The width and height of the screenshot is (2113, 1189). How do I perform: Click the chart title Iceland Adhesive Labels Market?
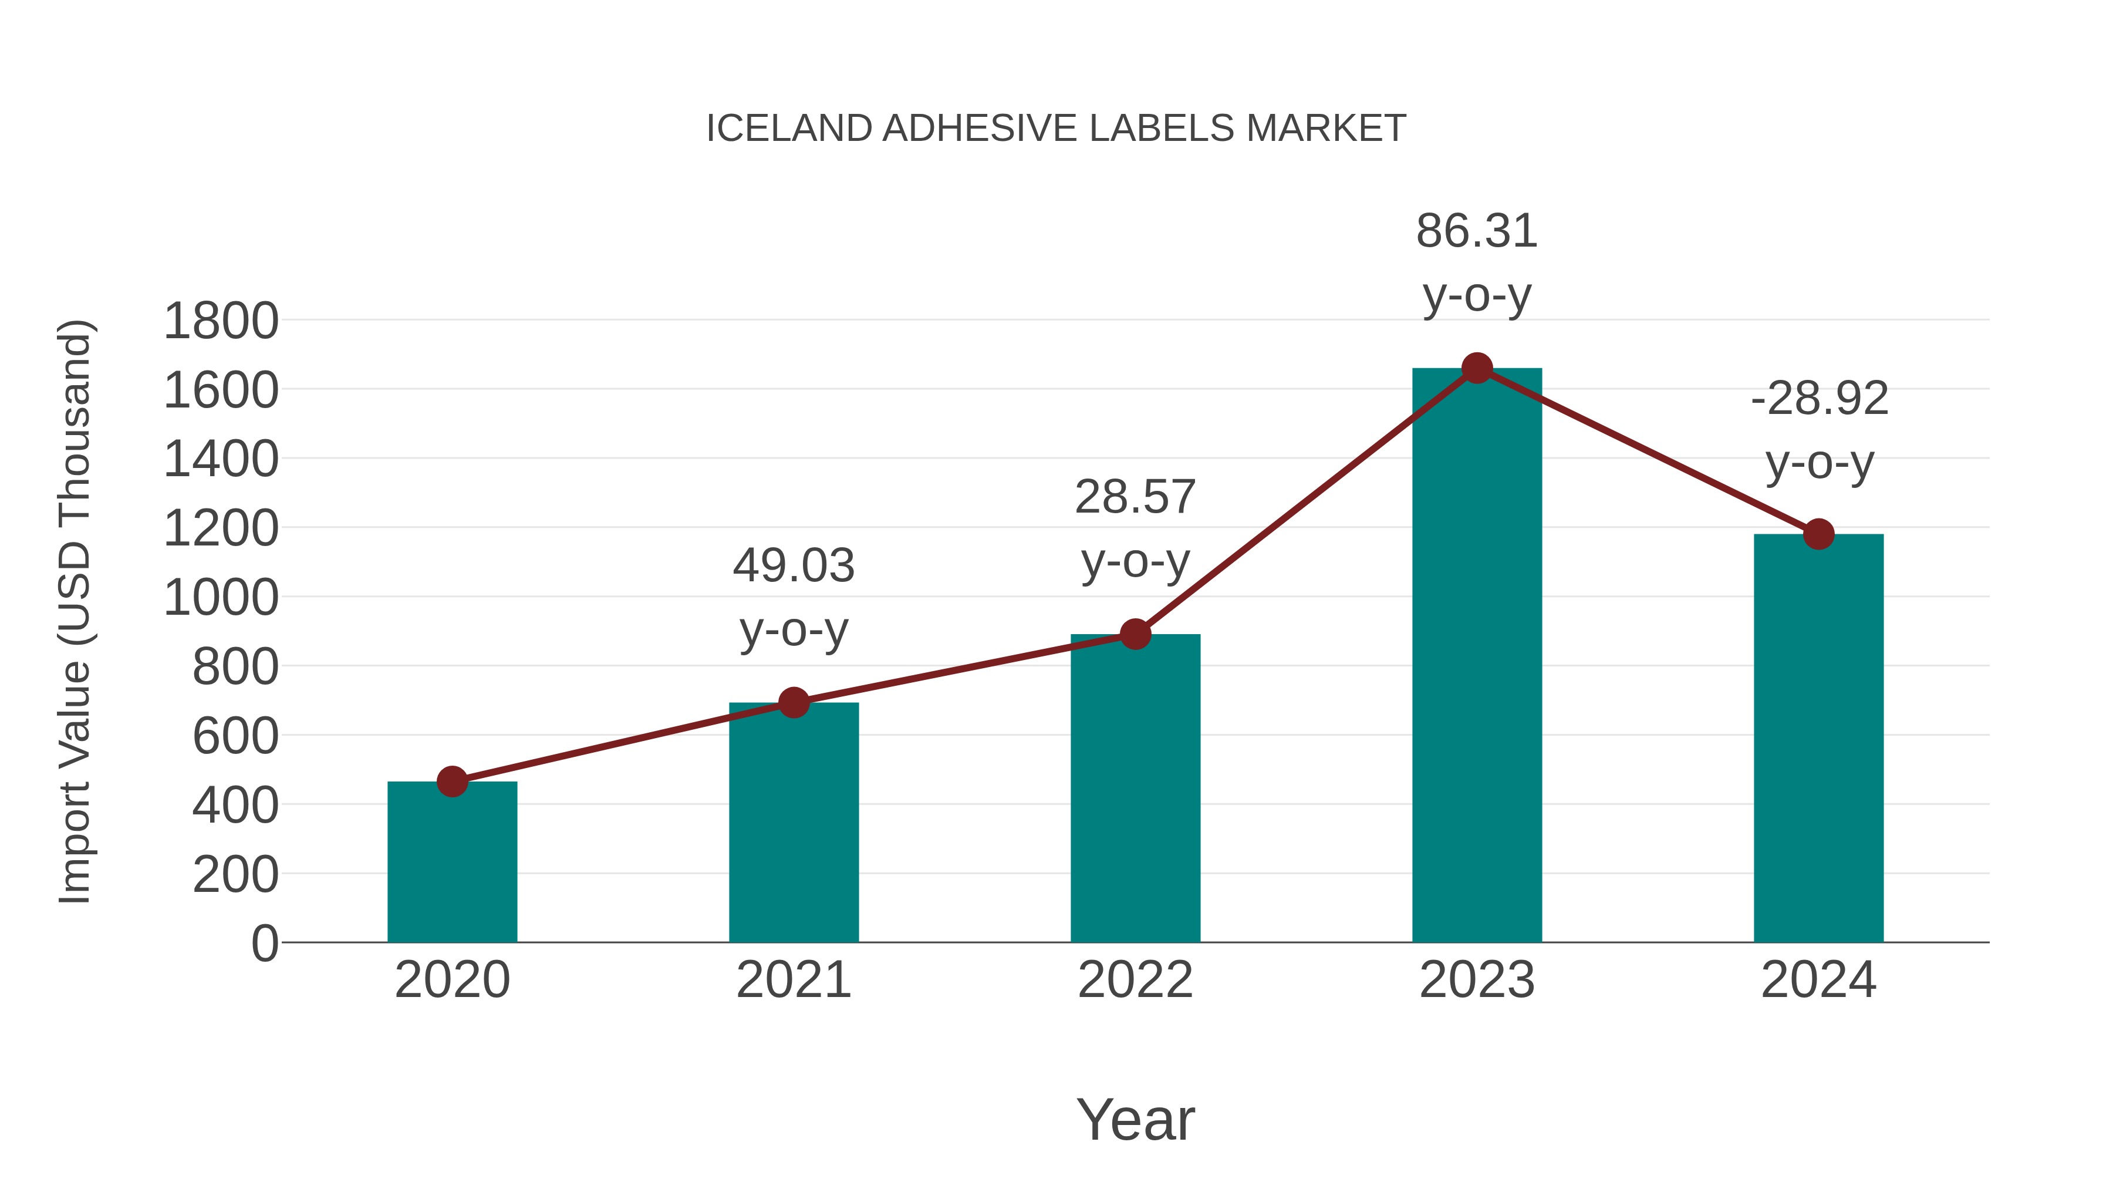point(1056,129)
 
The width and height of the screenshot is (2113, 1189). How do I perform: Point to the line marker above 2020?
point(452,781)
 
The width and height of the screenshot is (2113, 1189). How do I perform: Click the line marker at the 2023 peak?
point(1477,368)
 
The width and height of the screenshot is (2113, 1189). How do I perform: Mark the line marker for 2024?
point(1818,534)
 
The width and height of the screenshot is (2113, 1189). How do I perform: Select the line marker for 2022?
point(1135,634)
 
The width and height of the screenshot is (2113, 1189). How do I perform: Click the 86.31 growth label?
point(1477,231)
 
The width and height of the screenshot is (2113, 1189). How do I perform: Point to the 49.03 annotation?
point(793,566)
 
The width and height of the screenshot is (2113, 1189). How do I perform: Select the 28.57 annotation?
point(1135,497)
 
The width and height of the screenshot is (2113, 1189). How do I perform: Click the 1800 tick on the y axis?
point(221,321)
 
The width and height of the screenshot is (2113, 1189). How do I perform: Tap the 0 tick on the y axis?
point(264,943)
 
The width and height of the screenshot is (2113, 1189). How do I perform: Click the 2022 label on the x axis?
point(1135,980)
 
